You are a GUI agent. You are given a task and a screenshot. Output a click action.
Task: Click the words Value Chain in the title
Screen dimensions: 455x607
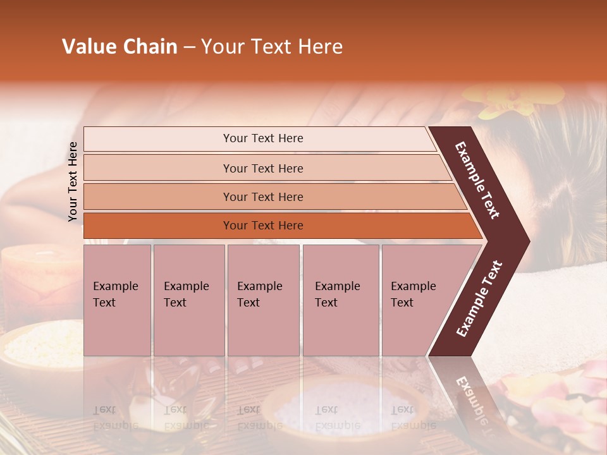coord(120,47)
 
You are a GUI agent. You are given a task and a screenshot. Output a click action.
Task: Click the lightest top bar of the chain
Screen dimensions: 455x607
coord(262,138)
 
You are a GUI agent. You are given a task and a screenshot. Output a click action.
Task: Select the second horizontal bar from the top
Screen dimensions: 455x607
coord(262,168)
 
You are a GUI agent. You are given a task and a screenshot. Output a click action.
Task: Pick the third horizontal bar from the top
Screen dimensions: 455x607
coord(262,197)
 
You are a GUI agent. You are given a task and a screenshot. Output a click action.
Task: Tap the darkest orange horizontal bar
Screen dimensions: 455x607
coord(262,226)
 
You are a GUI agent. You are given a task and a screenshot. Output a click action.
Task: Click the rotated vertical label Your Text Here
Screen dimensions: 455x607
coord(73,181)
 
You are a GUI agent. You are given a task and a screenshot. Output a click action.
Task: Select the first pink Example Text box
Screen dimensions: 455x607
coord(117,300)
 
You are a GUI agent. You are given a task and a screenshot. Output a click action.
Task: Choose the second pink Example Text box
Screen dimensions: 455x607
coord(188,300)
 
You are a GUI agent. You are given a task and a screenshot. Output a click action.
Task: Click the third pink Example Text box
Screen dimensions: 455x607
coord(263,300)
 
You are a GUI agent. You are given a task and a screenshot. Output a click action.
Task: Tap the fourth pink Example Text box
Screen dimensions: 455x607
coord(340,300)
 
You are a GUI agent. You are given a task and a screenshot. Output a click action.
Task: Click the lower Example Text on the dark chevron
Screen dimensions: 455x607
coord(479,298)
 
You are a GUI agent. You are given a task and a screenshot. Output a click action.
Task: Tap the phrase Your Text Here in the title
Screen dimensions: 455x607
coord(272,47)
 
